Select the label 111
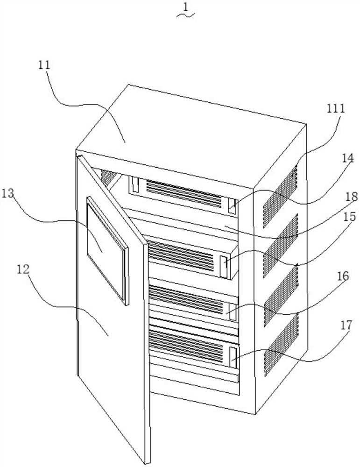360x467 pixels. [x=335, y=109]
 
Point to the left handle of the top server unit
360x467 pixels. [x=135, y=185]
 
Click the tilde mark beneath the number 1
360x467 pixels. [x=185, y=16]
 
